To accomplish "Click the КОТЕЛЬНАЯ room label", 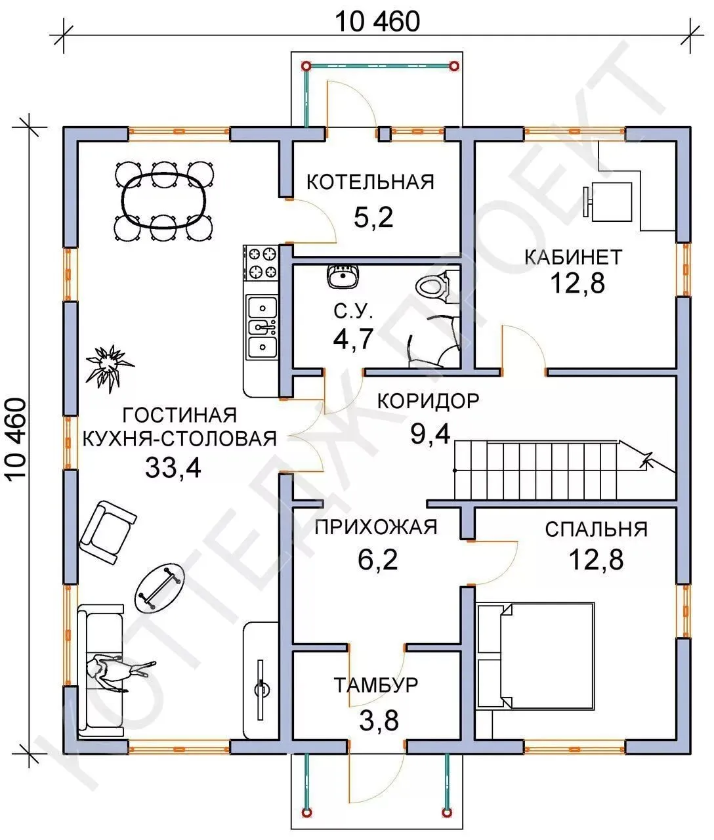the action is [x=370, y=182].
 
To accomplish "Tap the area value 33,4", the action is [x=173, y=467].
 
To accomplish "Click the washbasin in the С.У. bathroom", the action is [x=343, y=276].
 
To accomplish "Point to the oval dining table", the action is [x=164, y=200].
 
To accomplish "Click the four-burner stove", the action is [x=261, y=263].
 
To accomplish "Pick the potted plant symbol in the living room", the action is [x=109, y=367].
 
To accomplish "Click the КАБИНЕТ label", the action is [x=574, y=257].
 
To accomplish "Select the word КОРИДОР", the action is [x=429, y=401].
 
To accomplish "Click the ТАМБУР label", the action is [x=376, y=684].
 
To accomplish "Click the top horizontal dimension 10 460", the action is [x=377, y=22].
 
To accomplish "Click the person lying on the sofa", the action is [x=118, y=672].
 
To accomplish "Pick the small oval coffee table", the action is [x=159, y=587].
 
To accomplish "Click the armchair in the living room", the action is [x=108, y=532].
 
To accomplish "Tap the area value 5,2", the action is [x=373, y=217].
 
